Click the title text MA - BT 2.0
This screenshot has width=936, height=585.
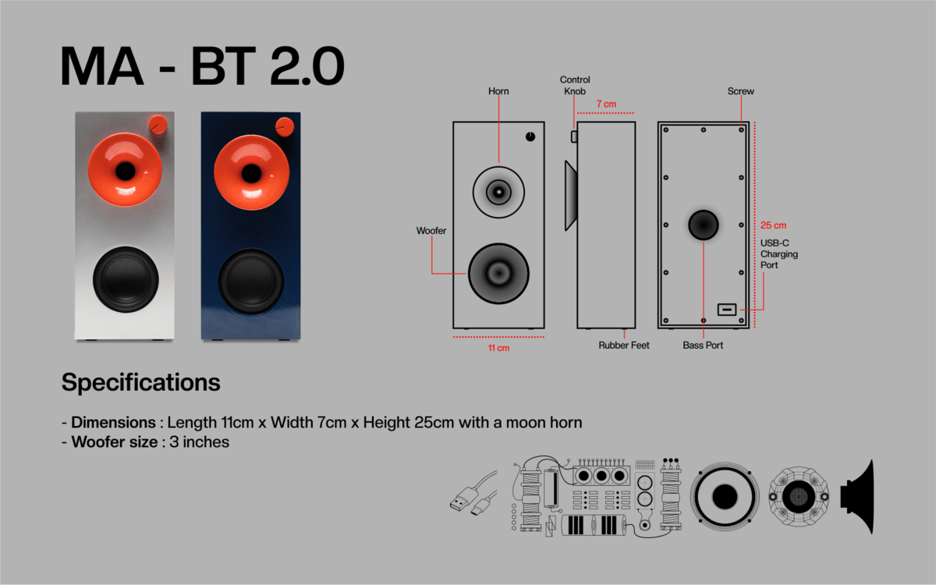[x=203, y=66]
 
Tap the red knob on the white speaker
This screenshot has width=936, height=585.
[x=158, y=124]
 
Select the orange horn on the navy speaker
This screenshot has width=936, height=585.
[x=251, y=172]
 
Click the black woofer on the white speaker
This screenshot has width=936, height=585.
[x=126, y=279]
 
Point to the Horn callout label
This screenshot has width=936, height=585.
[x=498, y=91]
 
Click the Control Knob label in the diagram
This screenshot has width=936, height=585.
[x=575, y=85]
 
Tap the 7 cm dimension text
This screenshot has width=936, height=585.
[x=606, y=104]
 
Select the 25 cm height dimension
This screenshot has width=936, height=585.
[x=773, y=225]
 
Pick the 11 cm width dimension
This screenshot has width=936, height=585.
[x=498, y=348]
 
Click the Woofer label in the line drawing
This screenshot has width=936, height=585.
[x=431, y=231]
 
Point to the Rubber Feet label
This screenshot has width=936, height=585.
[x=624, y=345]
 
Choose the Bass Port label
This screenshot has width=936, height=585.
[x=703, y=345]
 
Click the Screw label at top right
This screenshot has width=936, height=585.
[x=740, y=91]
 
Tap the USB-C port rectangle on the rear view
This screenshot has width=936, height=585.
[x=727, y=310]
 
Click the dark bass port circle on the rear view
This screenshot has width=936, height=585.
[x=704, y=225]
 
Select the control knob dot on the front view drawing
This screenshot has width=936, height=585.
[x=530, y=136]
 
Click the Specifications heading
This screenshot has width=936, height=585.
[x=141, y=382]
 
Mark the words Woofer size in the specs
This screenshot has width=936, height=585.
[x=115, y=442]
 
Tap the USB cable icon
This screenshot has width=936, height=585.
[x=474, y=494]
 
